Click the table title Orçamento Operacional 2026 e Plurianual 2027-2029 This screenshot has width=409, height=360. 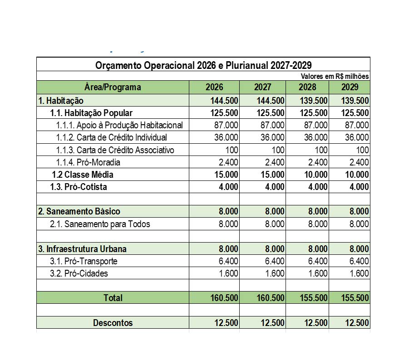(x=203, y=65)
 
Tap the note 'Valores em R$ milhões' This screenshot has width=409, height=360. (x=335, y=76)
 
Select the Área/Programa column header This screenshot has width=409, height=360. (x=113, y=87)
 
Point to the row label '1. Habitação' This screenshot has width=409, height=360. (x=61, y=100)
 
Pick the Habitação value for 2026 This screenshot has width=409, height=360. (x=224, y=100)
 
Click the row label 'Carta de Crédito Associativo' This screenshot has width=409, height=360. (x=115, y=150)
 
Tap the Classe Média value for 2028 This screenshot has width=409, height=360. (x=314, y=175)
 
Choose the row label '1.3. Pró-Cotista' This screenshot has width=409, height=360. (x=79, y=187)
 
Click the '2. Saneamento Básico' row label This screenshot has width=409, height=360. (x=79, y=211)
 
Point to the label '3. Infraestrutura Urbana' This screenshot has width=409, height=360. (x=82, y=249)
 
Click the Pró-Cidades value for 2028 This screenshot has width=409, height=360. (x=317, y=273)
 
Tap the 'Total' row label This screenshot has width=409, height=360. (x=113, y=298)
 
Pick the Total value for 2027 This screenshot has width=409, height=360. (x=270, y=298)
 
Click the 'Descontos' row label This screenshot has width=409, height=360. (x=113, y=323)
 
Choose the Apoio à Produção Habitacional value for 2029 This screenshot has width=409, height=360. (x=356, y=125)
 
